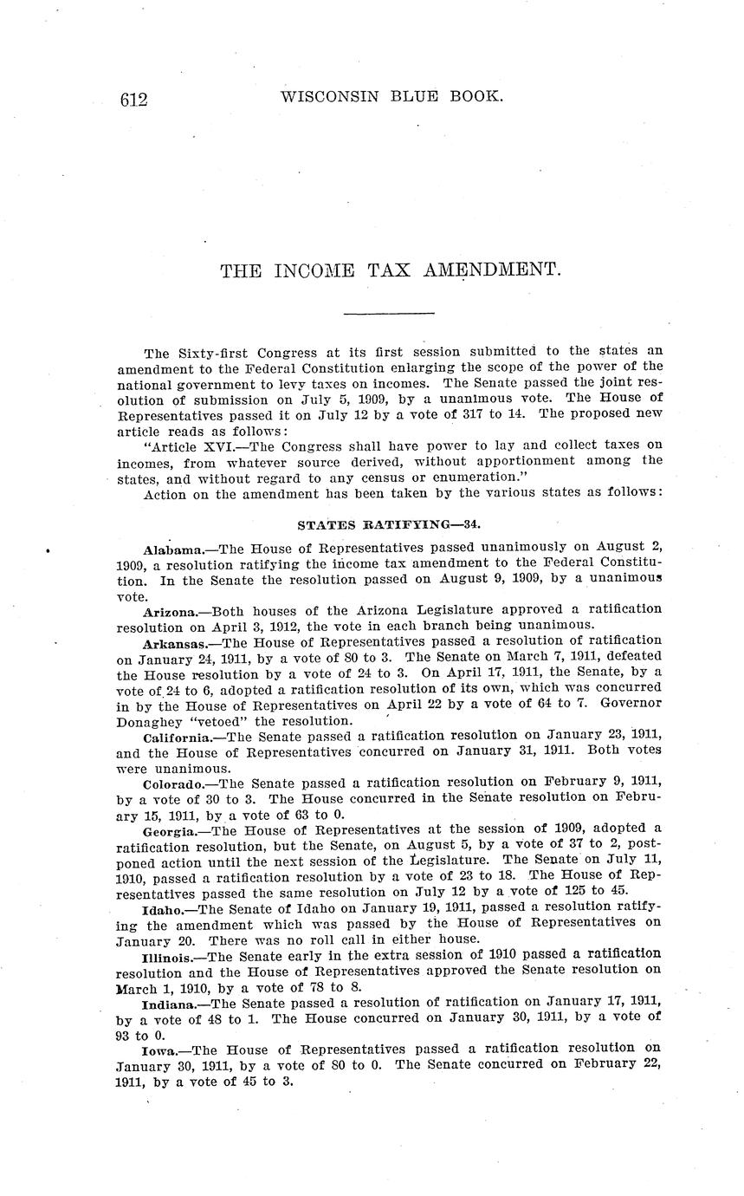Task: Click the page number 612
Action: click(x=134, y=100)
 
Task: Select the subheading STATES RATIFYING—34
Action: click(x=389, y=524)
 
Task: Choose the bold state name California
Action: click(x=178, y=738)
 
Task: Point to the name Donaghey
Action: click(x=147, y=721)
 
